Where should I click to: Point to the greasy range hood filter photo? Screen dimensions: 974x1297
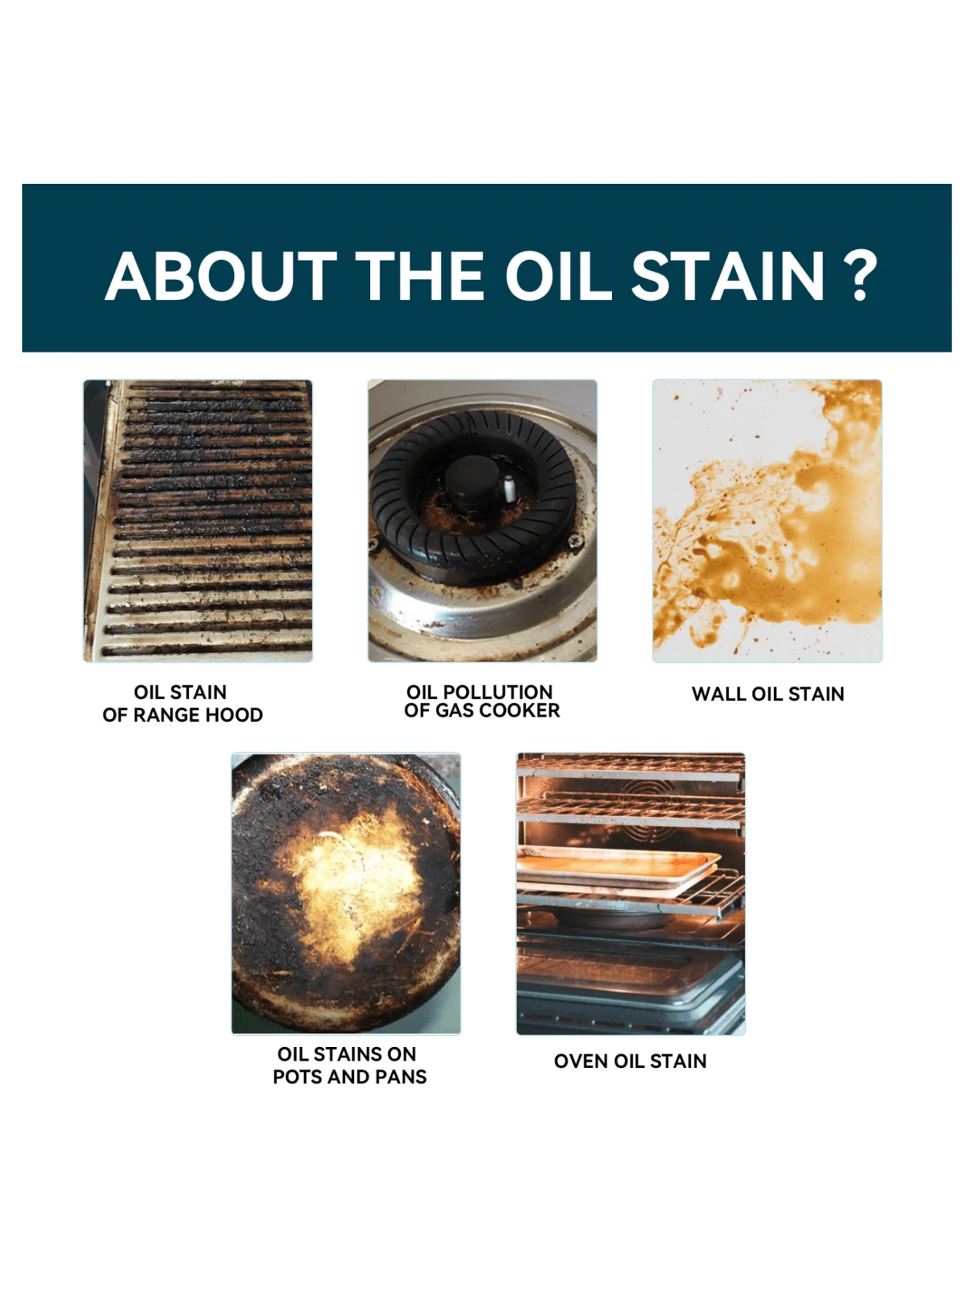click(x=198, y=520)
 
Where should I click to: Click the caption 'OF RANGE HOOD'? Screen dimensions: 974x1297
click(x=182, y=715)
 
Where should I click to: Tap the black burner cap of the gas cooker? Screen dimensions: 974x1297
click(x=471, y=478)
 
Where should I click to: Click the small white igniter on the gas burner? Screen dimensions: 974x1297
click(x=510, y=488)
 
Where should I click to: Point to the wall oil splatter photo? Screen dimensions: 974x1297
click(x=767, y=520)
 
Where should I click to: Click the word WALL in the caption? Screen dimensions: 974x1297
click(x=719, y=694)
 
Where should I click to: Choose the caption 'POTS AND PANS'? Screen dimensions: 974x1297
click(x=350, y=1077)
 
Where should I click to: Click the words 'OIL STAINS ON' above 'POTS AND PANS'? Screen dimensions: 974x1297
click(x=347, y=1054)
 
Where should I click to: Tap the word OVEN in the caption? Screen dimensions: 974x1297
click(x=581, y=1061)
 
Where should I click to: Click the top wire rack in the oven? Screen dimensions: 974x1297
click(x=631, y=768)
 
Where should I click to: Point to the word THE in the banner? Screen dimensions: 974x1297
click(x=419, y=276)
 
